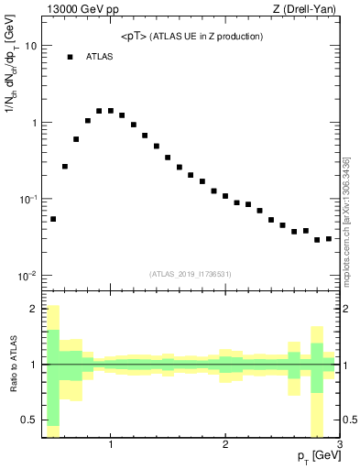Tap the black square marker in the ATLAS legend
pos(70,57)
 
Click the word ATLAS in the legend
pos(100,57)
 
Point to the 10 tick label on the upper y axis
pos(30,46)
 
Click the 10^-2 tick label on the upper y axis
pos(27,276)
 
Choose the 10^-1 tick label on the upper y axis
pos(27,199)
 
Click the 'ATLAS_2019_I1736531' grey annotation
pos(191,273)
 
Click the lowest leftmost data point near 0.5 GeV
pos(53,219)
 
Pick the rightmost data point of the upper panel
pos(329,239)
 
